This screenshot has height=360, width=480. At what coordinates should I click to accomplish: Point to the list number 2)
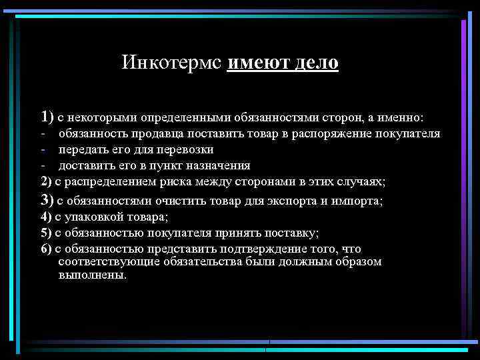coord(46,181)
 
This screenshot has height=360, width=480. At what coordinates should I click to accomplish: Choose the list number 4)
coord(46,216)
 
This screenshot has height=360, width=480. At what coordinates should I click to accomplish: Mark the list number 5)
coord(46,233)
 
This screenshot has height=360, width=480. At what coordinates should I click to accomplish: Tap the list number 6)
coord(46,249)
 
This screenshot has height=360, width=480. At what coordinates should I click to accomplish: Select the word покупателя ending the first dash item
coord(407,133)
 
